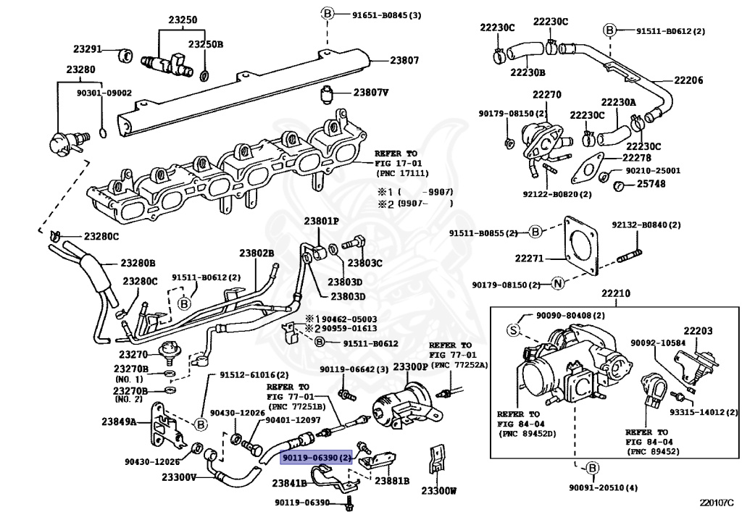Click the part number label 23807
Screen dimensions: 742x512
point(404,60)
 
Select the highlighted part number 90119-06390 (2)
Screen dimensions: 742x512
point(317,457)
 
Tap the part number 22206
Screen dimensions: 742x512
point(688,80)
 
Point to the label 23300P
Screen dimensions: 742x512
point(410,366)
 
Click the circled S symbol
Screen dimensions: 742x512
point(514,330)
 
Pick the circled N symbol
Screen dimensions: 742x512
point(558,284)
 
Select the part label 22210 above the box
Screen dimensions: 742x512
point(616,293)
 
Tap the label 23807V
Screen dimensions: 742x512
point(370,92)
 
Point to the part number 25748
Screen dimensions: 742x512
point(651,183)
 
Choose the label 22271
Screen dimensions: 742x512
point(529,259)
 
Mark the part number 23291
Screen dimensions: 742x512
point(88,49)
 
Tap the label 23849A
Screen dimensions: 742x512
point(119,421)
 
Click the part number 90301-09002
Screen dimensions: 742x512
point(104,93)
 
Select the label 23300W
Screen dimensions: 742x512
point(438,491)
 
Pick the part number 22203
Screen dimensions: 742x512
point(698,331)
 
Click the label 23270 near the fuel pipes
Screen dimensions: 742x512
point(133,354)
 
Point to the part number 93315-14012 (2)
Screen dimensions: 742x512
point(703,412)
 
